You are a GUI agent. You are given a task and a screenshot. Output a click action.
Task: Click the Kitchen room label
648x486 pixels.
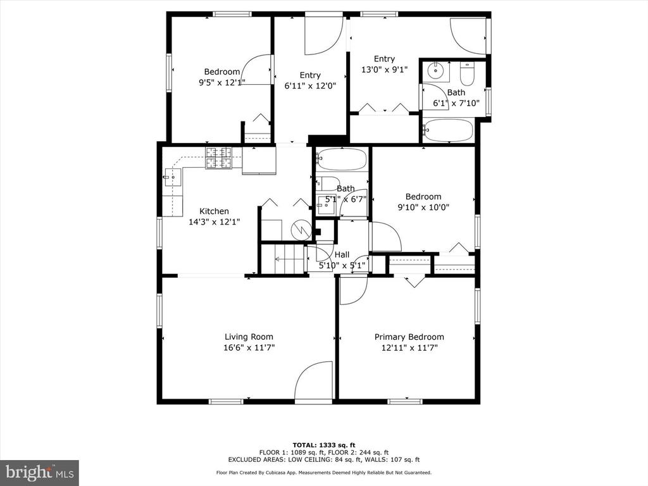(214, 211)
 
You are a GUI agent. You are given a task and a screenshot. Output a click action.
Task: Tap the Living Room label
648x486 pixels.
(249, 337)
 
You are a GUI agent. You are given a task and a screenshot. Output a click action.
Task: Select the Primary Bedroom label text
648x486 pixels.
(409, 337)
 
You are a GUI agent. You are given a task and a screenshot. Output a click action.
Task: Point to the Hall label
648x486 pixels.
(342, 255)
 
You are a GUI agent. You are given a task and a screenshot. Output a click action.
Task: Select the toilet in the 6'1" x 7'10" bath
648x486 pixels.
(468, 73)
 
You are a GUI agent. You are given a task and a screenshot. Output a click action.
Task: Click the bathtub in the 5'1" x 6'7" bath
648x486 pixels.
(341, 159)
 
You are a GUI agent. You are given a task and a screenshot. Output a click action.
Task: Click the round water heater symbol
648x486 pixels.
(301, 230)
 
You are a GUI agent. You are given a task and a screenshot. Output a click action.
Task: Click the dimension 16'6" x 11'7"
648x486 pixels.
(249, 348)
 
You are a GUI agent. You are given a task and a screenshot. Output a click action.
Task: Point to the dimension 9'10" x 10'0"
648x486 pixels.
(423, 208)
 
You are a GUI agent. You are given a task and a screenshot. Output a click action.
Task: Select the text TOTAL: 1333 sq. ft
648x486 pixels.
(323, 445)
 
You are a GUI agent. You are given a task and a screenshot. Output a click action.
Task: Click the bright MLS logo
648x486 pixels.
(39, 472)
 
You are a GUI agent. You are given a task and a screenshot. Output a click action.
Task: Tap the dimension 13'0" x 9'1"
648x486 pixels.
(384, 70)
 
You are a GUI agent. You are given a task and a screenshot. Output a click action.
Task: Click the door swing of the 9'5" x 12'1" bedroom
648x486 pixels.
(256, 70)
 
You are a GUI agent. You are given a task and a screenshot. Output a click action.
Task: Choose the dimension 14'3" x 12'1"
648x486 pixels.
(214, 222)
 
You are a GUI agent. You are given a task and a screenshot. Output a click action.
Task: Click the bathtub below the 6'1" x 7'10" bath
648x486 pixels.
(447, 130)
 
